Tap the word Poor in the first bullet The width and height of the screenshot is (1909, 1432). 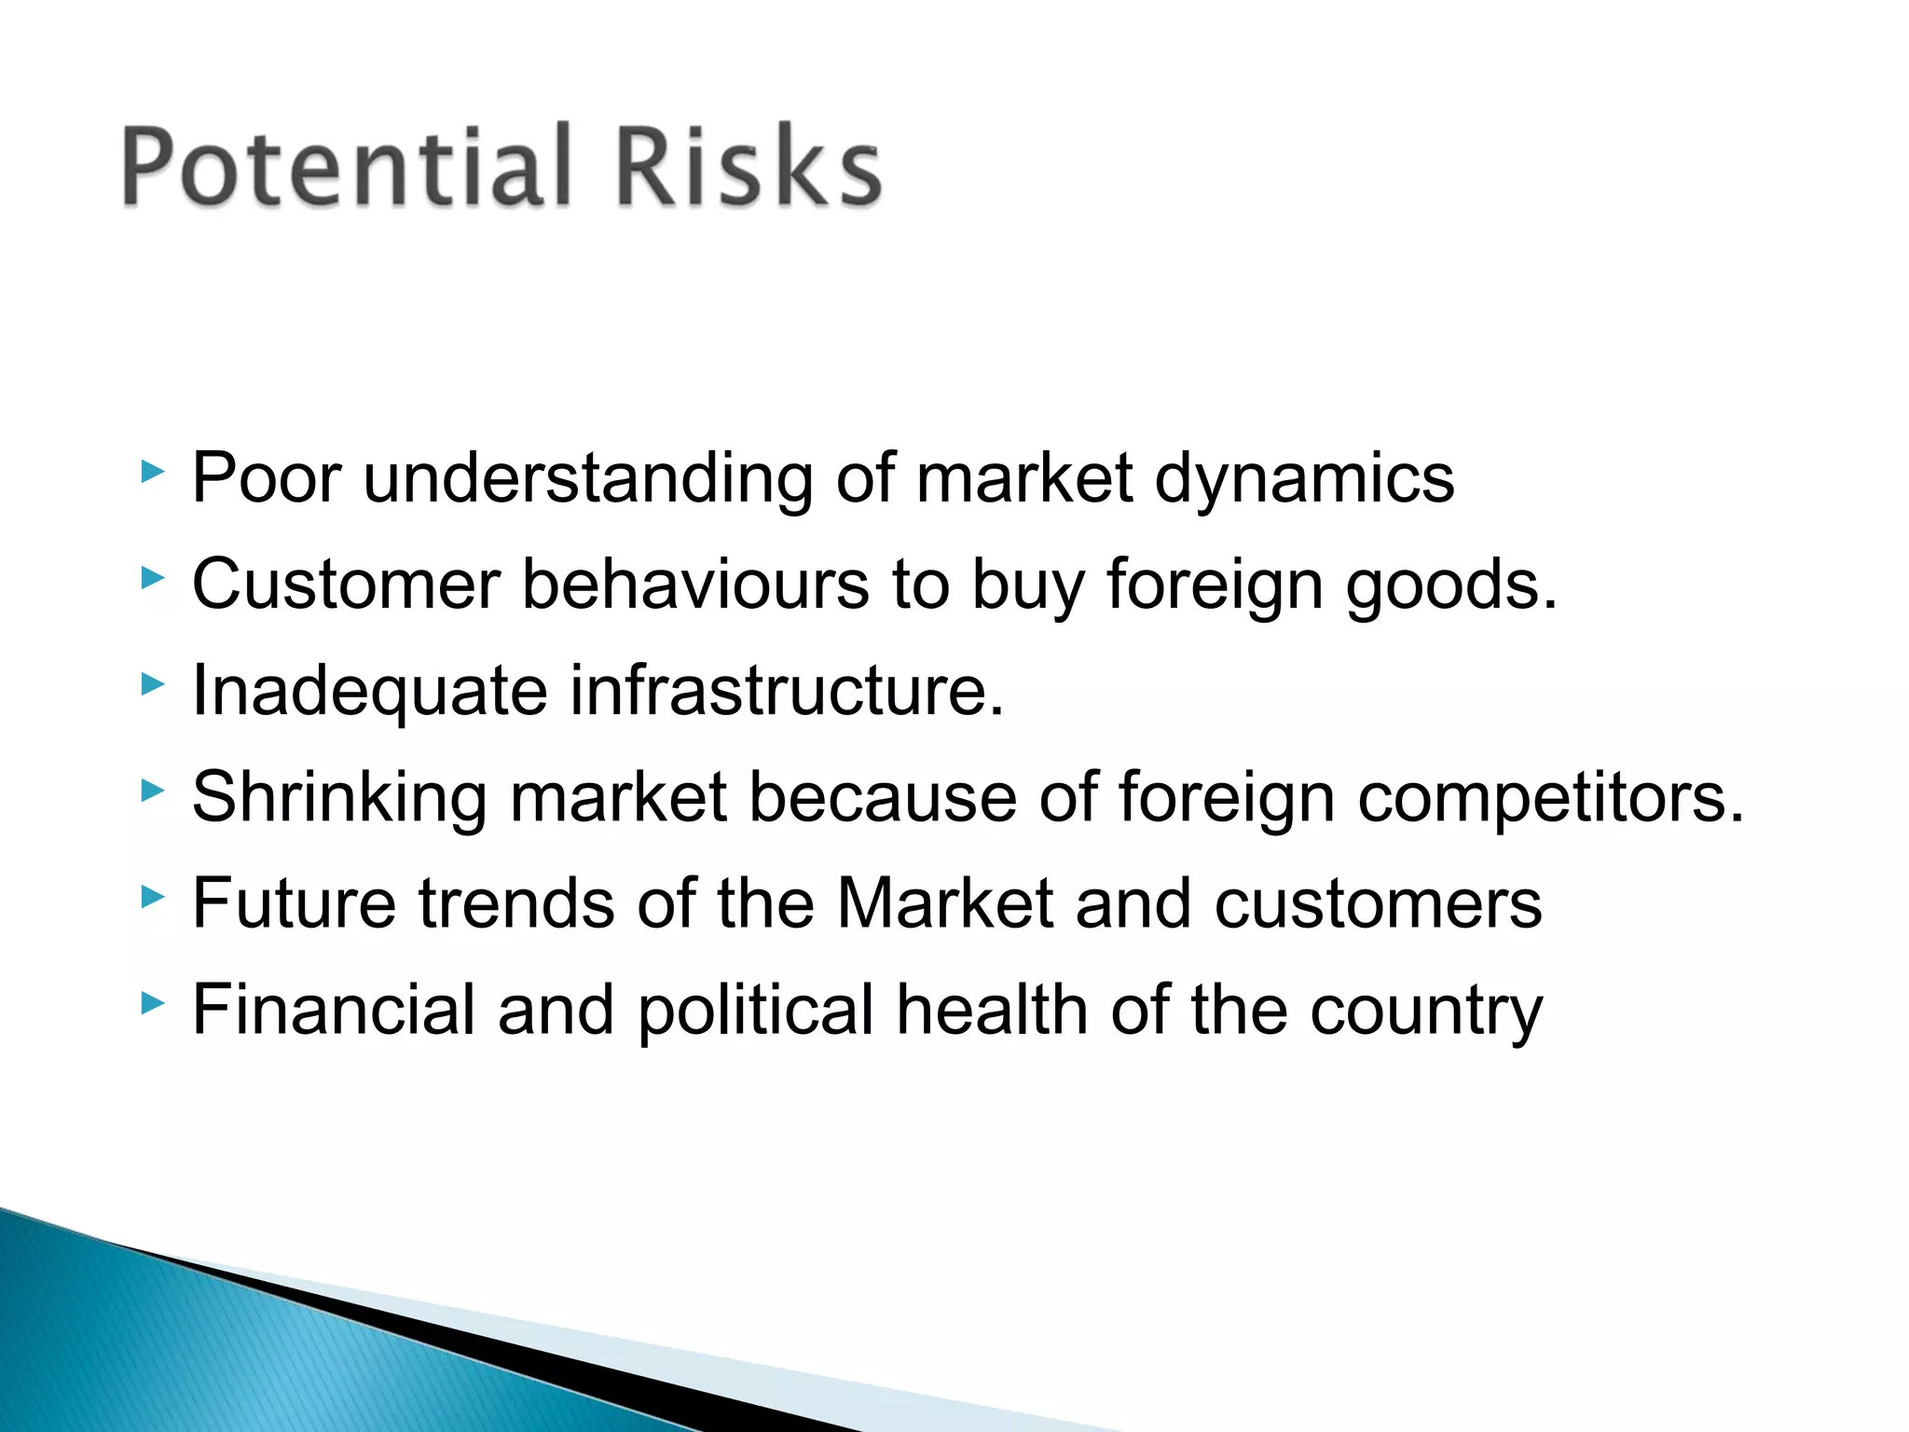click(267, 478)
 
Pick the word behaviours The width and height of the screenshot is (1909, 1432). click(695, 585)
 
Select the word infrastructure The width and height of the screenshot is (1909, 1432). click(787, 691)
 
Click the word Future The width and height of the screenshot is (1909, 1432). click(295, 903)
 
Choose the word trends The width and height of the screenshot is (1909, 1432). click(517, 903)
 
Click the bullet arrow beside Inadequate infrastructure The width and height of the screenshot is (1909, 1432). click(152, 685)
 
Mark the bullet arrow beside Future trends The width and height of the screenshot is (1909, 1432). click(152, 898)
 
